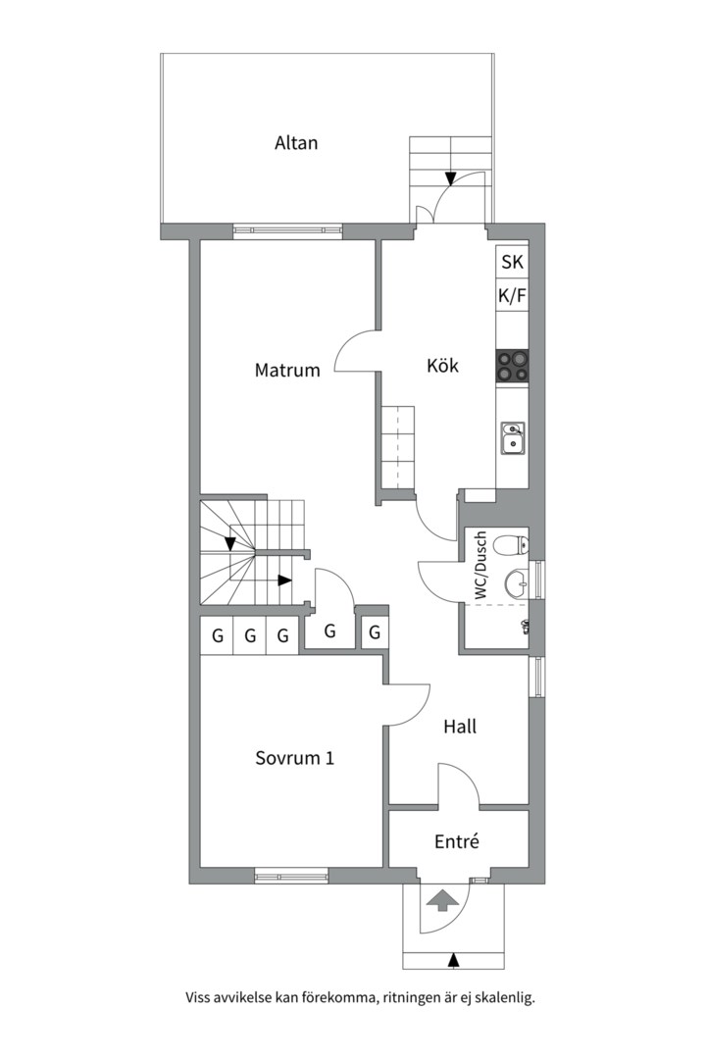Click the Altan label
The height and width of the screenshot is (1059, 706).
(296, 143)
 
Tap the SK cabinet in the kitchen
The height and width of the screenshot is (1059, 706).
(512, 261)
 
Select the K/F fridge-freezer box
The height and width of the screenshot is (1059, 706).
(512, 295)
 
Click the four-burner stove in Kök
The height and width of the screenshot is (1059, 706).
(512, 367)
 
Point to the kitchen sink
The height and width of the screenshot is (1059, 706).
(512, 437)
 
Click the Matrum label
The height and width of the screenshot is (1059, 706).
(287, 370)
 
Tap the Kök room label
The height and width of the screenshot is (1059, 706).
(442, 366)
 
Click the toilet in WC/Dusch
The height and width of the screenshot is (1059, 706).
(512, 544)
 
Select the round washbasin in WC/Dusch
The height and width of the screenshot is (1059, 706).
(518, 583)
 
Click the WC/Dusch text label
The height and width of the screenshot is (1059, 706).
(480, 566)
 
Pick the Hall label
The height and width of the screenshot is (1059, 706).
(460, 727)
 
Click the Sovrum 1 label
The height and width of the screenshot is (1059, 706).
(294, 758)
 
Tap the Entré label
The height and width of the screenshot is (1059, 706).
(457, 841)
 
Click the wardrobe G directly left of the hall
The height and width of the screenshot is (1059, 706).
(375, 632)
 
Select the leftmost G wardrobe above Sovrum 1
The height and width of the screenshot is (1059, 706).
(217, 635)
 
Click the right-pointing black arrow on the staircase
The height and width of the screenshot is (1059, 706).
(285, 580)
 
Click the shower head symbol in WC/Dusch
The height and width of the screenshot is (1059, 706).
(525, 626)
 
